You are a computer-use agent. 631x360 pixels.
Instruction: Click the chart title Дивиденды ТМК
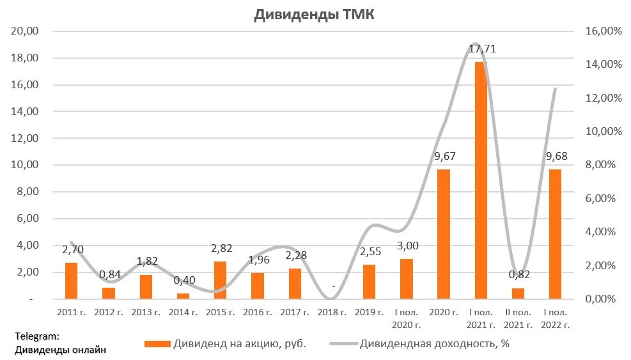[x=314, y=16]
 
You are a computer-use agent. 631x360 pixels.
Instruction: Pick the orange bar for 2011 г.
[x=71, y=281]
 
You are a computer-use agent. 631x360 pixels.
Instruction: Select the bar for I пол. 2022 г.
[x=556, y=233]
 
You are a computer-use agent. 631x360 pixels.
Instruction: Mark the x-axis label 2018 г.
[x=332, y=313]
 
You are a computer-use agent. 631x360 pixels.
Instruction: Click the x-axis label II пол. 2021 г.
[x=518, y=318]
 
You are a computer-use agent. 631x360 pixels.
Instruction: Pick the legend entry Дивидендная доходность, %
[x=419, y=343]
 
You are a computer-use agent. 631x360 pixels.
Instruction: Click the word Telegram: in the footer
[x=36, y=336]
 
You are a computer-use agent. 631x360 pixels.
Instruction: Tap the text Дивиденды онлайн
[x=59, y=349]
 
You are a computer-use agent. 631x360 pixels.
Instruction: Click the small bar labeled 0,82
[x=518, y=293]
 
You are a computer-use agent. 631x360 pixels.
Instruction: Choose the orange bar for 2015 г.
[x=220, y=279]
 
